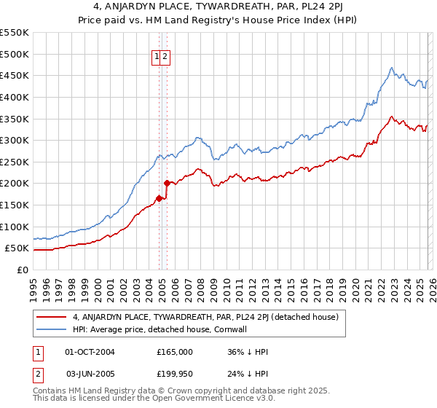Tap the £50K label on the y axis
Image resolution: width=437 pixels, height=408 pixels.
(17, 248)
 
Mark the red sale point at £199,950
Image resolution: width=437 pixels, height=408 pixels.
(168, 183)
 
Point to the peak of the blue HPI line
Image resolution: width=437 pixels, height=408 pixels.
(392, 68)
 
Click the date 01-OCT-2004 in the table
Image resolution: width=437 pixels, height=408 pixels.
(90, 352)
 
